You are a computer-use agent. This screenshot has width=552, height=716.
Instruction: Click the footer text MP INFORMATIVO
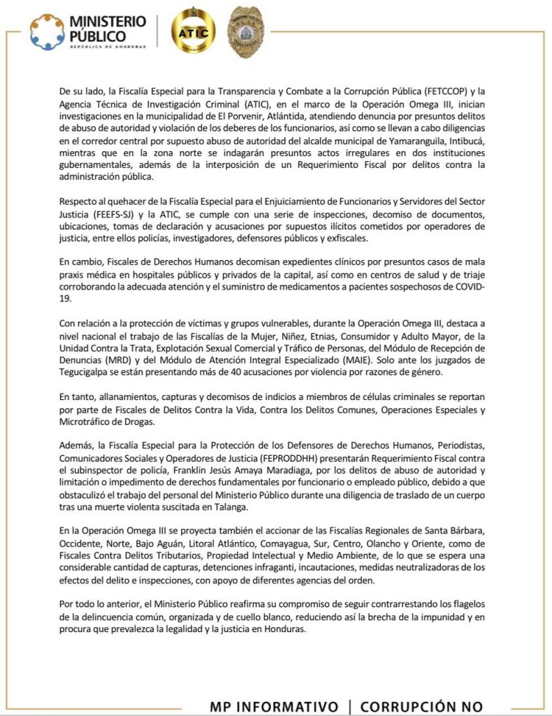coord(275,706)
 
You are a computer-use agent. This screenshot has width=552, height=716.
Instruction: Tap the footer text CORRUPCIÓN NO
coord(421,706)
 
